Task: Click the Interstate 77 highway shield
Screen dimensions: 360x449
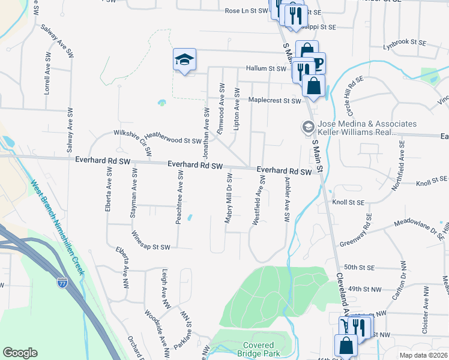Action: [x=62, y=282]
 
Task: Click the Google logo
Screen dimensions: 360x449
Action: [x=20, y=353]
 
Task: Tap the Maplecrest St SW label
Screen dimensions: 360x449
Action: [x=274, y=101]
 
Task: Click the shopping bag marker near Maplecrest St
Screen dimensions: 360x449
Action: [x=313, y=86]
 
